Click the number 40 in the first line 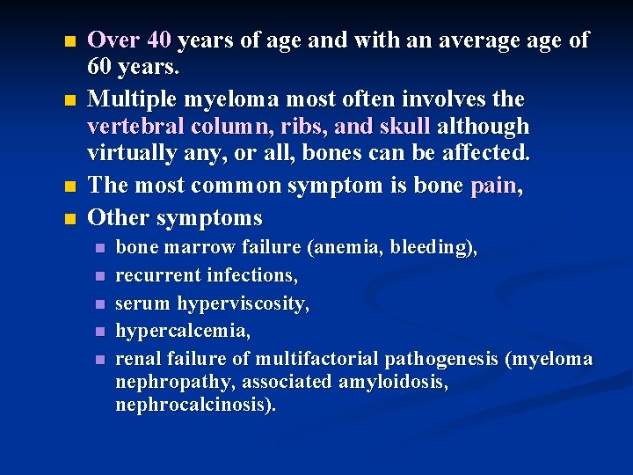coord(159,40)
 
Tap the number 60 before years coord(102,66)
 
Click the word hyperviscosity coord(244,304)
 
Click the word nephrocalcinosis coord(195,406)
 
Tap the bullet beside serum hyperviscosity coord(99,304)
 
